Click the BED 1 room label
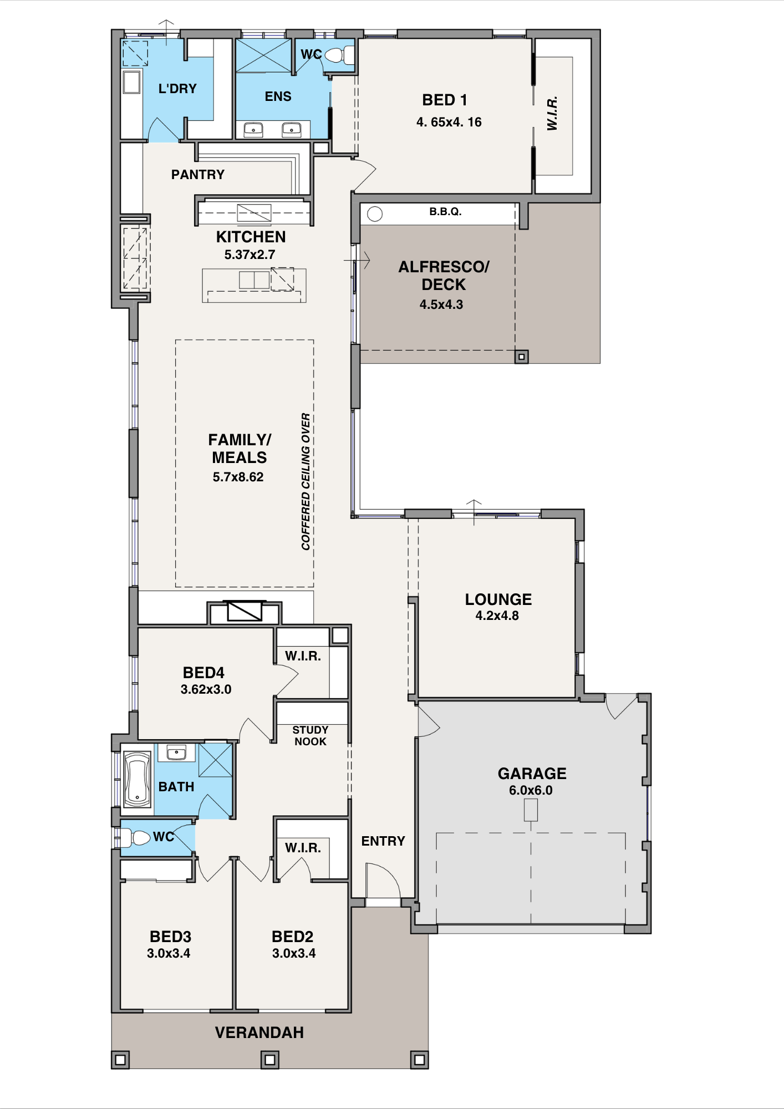[x=445, y=100]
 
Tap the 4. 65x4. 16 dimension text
[x=449, y=122]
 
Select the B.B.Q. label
[x=445, y=211]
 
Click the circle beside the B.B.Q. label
[x=375, y=214]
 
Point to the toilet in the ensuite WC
[x=339, y=55]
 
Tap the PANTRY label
[x=198, y=175]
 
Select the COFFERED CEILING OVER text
[x=306, y=481]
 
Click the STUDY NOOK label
[x=310, y=736]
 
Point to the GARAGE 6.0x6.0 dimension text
[x=531, y=790]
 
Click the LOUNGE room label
[x=498, y=599]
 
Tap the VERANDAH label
[x=259, y=1032]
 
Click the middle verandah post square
[x=270, y=1060]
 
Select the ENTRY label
[x=383, y=841]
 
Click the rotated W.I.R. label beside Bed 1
[x=552, y=114]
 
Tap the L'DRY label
[x=177, y=89]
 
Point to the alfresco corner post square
[x=522, y=357]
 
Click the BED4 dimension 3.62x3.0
[x=206, y=689]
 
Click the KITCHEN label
[x=251, y=237]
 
